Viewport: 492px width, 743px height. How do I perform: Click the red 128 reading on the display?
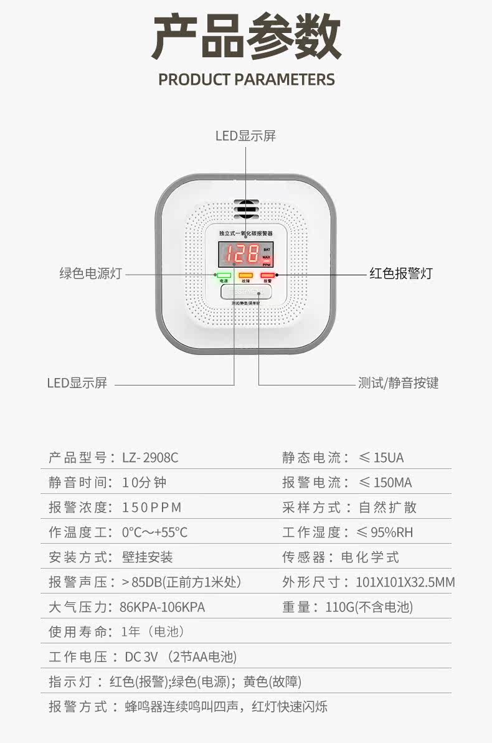[x=242, y=254]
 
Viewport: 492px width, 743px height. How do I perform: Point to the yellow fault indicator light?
[x=245, y=275]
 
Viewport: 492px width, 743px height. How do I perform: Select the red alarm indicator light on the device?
[x=267, y=275]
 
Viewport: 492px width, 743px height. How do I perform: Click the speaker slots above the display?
[x=246, y=209]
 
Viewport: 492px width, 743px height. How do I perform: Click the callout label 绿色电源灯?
[x=90, y=273]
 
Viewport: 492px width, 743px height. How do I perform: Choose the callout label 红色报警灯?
[x=400, y=273]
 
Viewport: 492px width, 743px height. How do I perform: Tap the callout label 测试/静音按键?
[x=399, y=383]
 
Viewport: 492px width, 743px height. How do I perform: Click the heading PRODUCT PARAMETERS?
[x=246, y=80]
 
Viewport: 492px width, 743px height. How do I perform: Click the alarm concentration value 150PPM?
[x=151, y=508]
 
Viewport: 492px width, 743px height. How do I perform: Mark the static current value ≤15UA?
[x=381, y=458]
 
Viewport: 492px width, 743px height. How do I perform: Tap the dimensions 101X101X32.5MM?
[x=405, y=582]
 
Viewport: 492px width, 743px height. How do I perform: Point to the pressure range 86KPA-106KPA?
[x=162, y=607]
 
